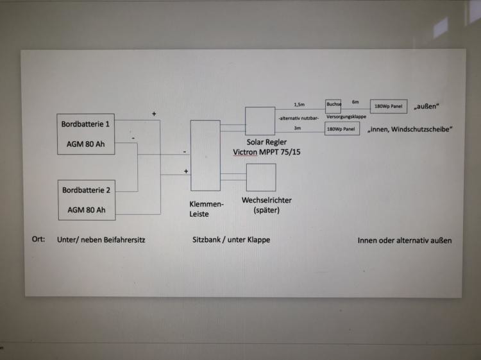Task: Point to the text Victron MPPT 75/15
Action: [267, 152]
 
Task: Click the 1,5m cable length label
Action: [299, 105]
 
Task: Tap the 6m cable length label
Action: [355, 102]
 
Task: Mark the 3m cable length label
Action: [297, 128]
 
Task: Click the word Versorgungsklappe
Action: [346, 117]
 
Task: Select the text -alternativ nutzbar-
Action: [298, 118]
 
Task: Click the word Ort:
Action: [38, 239]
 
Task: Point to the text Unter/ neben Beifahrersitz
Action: [101, 240]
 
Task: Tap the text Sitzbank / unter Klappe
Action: [232, 240]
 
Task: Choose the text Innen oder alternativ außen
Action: [405, 240]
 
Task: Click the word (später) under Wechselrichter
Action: [267, 210]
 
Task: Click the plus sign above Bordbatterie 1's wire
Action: [154, 114]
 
